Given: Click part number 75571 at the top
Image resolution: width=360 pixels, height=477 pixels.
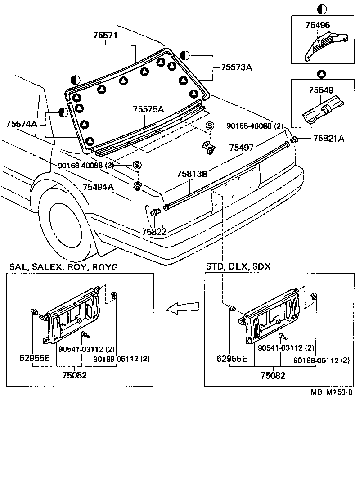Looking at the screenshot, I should pyautogui.click(x=106, y=36).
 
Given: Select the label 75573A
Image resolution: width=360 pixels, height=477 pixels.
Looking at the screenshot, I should pyautogui.click(x=236, y=67).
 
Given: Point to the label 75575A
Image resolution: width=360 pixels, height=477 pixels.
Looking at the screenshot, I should pyautogui.click(x=148, y=110).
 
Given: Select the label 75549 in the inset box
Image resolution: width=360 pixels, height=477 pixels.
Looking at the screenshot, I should pyautogui.click(x=321, y=90).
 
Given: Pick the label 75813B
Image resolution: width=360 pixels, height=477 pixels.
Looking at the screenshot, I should pyautogui.click(x=191, y=174).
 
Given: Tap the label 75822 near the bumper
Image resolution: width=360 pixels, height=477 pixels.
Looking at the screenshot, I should pyautogui.click(x=154, y=232).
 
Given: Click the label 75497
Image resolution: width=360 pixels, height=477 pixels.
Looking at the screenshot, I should pyautogui.click(x=242, y=148).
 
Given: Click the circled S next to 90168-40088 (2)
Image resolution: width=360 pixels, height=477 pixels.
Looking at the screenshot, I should pyautogui.click(x=210, y=126).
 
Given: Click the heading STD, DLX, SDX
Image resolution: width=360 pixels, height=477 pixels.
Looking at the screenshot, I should pyautogui.click(x=238, y=266).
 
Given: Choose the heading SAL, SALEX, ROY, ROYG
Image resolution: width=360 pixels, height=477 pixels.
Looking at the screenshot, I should pyautogui.click(x=63, y=267).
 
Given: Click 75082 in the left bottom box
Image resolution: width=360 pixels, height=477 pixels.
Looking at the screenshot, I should pyautogui.click(x=74, y=375).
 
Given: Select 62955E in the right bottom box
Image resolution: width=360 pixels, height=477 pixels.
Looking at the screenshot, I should pyautogui.click(x=231, y=359).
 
